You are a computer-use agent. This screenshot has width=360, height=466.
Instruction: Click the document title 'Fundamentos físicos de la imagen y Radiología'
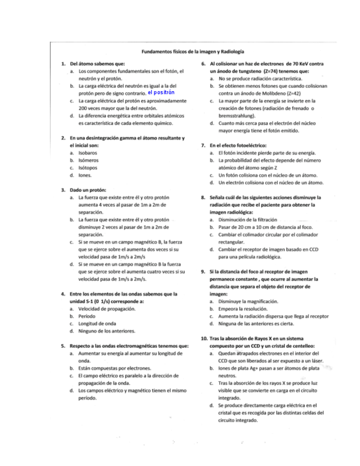pos(193,51)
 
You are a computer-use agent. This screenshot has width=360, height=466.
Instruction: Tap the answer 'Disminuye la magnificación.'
pos(248,302)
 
